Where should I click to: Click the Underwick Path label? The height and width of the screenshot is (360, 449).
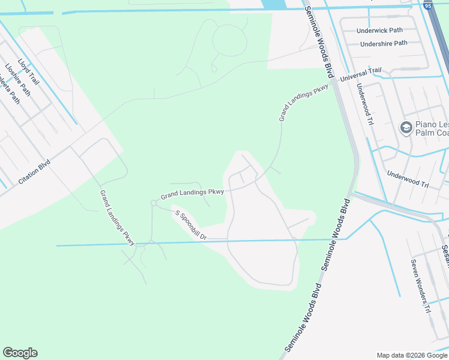click(379, 30)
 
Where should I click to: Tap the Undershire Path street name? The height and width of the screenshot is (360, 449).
click(384, 43)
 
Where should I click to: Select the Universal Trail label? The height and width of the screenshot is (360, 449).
click(360, 74)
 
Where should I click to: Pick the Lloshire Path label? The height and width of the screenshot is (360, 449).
click(17, 80)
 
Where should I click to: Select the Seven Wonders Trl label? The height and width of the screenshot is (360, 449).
click(421, 286)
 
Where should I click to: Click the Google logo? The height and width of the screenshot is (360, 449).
click(20, 353)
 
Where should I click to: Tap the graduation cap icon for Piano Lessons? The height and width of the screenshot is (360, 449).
click(406, 128)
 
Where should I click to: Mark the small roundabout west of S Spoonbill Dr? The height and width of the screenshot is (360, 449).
click(154, 204)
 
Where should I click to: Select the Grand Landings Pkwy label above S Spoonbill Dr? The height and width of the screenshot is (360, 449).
click(192, 193)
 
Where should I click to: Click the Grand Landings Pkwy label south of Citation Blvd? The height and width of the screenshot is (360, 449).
click(117, 216)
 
